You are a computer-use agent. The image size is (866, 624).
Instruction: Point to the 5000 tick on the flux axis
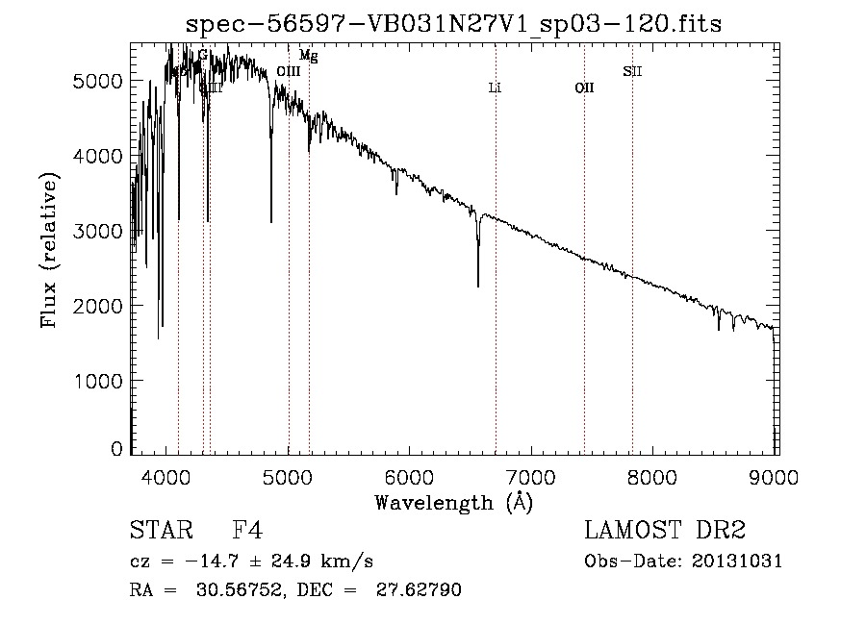[x=98, y=81]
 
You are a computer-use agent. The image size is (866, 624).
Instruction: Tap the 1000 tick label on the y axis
[x=98, y=381]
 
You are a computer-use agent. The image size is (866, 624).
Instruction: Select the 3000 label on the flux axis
[x=98, y=231]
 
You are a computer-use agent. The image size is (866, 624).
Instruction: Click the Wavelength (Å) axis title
[x=453, y=502]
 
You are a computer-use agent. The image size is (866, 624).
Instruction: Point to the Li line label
[x=495, y=87]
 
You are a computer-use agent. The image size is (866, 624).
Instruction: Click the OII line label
[x=584, y=87]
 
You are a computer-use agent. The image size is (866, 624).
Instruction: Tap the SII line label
[x=632, y=70]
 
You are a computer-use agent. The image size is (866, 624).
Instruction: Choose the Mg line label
[x=308, y=56]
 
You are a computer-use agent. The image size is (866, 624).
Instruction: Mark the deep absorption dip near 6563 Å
[x=478, y=279]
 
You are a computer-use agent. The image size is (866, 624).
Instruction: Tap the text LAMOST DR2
[x=665, y=531]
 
